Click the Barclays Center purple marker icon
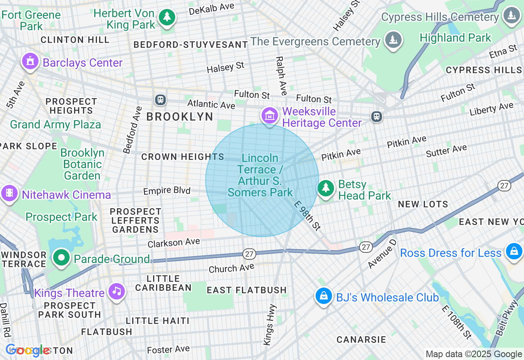point(30,62)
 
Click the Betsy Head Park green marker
point(326,188)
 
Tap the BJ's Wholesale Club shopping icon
point(323,296)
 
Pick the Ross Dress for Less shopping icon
point(513,252)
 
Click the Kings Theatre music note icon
point(117,291)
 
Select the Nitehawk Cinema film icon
point(9,193)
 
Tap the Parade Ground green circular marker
point(62,258)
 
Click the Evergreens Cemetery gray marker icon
point(393,40)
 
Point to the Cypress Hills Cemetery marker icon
point(511,16)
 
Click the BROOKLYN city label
point(180,117)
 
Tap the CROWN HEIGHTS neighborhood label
point(183,157)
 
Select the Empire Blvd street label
point(167,191)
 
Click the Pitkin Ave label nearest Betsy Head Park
point(341,154)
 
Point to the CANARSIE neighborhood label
point(361,340)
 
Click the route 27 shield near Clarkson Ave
point(249,254)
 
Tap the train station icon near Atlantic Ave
point(160,99)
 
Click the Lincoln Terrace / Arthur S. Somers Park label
point(260,175)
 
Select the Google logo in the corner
point(27,350)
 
